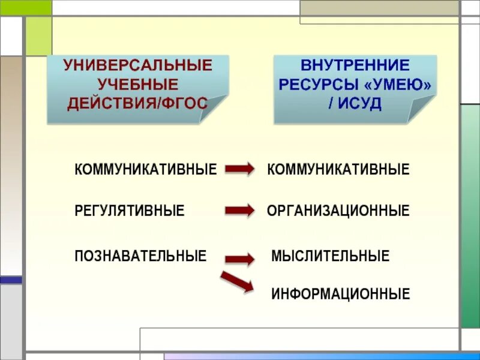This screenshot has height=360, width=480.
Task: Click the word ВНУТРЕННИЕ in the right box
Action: (x=355, y=65)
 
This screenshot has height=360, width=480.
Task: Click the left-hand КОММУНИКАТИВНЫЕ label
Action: (x=145, y=170)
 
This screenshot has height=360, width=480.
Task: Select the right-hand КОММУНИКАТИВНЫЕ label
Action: (x=338, y=170)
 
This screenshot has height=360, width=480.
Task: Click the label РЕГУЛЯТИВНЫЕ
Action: (x=130, y=211)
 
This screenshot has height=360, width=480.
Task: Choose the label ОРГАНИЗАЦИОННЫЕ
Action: (x=338, y=211)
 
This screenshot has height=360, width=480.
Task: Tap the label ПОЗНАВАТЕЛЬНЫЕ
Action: (x=140, y=256)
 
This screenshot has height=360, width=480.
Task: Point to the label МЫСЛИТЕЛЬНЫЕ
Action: (x=331, y=256)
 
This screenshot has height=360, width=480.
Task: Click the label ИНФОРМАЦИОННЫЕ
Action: (x=341, y=294)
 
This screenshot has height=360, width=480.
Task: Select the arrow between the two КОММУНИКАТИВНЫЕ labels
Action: (x=239, y=170)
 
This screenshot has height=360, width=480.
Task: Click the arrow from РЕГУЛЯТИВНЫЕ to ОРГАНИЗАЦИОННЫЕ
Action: (x=239, y=211)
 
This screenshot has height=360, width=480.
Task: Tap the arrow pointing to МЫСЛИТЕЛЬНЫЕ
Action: (x=239, y=259)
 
